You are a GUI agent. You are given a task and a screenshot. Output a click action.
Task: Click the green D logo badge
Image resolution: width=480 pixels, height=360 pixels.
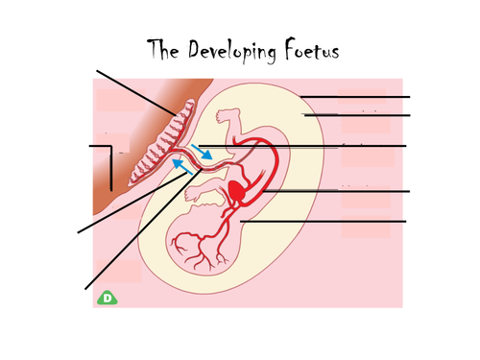(108, 299)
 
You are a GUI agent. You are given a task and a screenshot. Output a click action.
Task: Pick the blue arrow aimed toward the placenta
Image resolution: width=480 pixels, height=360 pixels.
(180, 167)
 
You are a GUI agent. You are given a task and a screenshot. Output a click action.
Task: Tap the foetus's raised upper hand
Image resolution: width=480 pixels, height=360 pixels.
(226, 115)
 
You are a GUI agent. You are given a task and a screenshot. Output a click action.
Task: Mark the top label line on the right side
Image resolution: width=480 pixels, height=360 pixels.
(355, 97)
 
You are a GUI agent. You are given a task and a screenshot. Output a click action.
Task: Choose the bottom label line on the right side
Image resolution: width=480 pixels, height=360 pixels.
(326, 221)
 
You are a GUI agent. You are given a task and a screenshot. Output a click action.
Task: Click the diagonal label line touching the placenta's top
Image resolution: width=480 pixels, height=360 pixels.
(134, 92)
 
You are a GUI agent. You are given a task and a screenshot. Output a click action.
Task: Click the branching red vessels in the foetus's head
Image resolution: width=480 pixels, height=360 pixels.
(197, 252)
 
